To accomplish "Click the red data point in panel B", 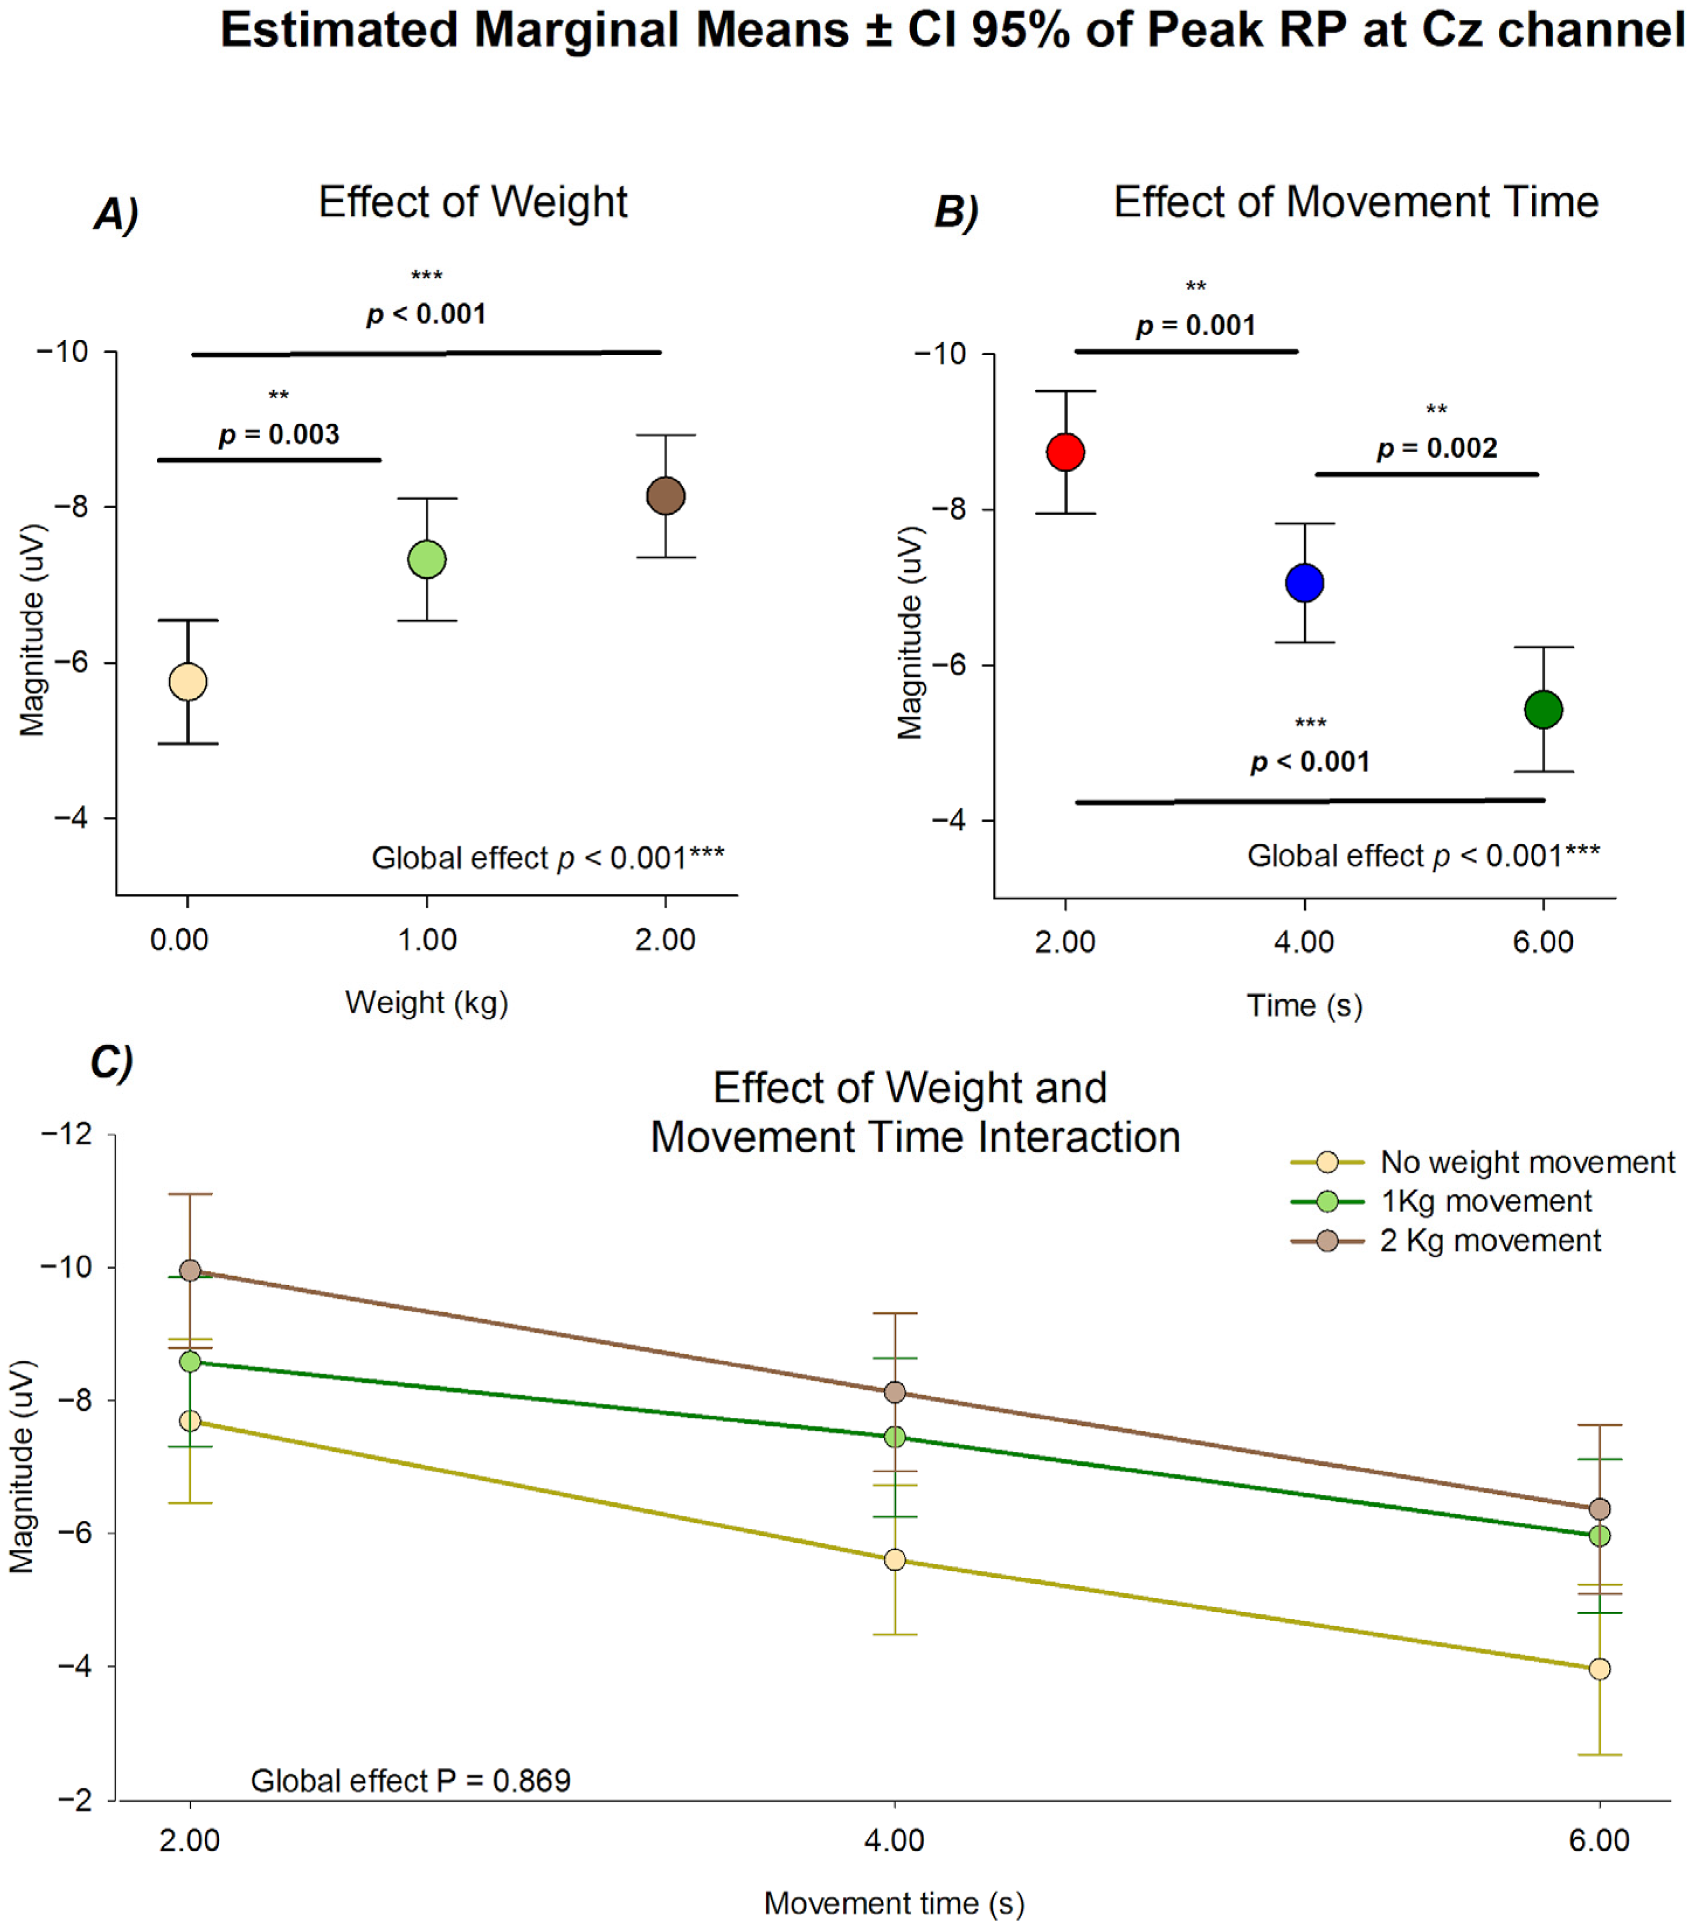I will click(x=1065, y=452).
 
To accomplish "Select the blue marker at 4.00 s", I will click(x=1304, y=582).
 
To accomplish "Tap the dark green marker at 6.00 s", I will click(x=1543, y=710).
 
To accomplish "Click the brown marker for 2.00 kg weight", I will click(x=665, y=495).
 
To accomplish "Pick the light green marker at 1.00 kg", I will click(x=426, y=559).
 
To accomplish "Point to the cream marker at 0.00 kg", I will click(x=188, y=682).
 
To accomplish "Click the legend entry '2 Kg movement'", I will click(x=1489, y=1240).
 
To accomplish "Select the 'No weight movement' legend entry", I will click(x=1526, y=1162).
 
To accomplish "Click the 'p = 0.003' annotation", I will click(x=279, y=434).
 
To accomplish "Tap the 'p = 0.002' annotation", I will click(x=1437, y=449).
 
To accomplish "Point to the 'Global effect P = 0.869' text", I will click(x=411, y=1781).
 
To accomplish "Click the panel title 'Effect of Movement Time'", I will click(x=1356, y=202).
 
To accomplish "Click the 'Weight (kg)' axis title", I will click(x=426, y=1002).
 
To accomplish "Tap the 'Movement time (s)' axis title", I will click(x=894, y=1903).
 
